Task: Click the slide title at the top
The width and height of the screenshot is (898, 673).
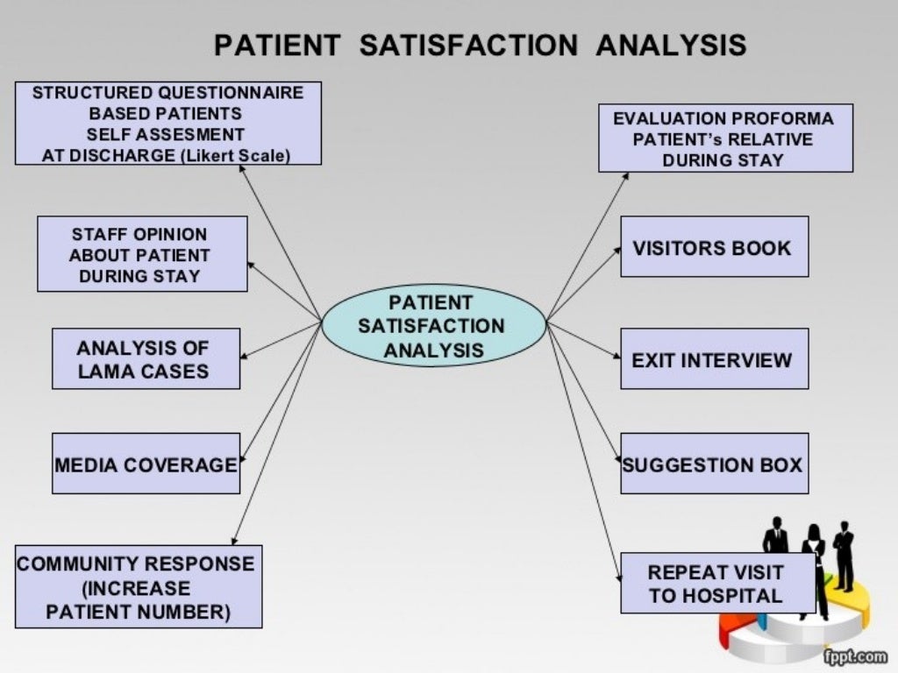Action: [481, 45]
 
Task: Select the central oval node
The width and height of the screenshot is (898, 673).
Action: [433, 326]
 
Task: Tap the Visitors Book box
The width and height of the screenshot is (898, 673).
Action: [714, 247]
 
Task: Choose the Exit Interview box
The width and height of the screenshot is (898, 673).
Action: [714, 358]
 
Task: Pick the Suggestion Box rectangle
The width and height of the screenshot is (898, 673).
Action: [714, 464]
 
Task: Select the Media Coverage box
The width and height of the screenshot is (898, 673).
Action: [146, 464]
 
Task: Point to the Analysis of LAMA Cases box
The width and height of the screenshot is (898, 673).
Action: [146, 358]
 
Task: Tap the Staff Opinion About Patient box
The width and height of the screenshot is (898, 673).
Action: [142, 254]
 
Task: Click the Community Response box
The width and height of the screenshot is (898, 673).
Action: [139, 586]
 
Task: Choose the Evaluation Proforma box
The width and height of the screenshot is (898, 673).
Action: [725, 138]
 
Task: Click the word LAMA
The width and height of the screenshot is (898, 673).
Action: [106, 371]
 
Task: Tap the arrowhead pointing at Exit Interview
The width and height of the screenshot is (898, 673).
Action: [616, 355]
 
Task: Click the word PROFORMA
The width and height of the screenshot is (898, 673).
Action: [783, 118]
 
